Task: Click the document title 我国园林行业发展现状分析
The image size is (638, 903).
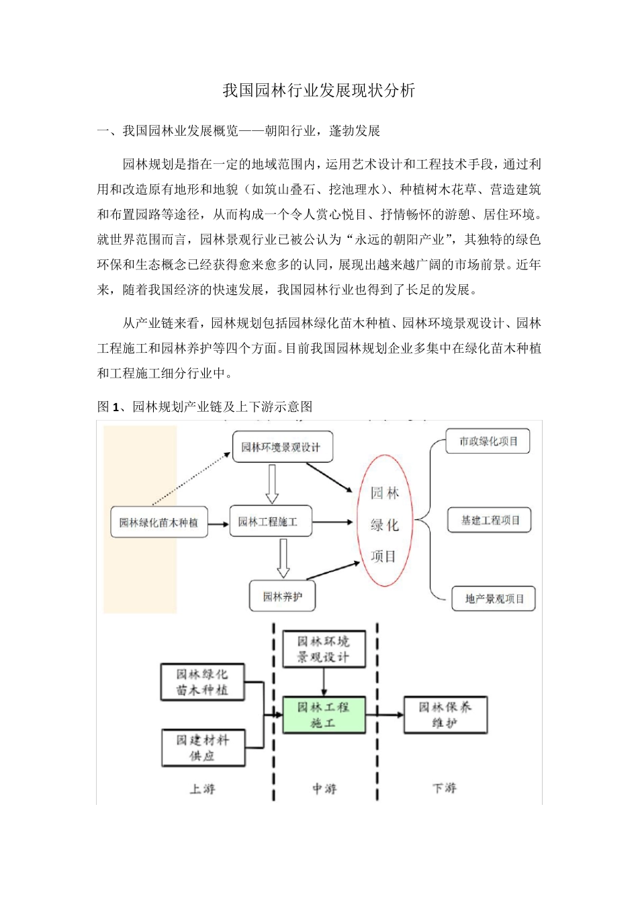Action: click(319, 91)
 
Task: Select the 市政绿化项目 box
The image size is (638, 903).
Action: click(488, 441)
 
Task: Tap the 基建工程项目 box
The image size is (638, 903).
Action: click(490, 520)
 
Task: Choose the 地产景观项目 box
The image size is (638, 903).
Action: click(494, 599)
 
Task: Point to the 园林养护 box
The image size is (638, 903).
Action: click(282, 597)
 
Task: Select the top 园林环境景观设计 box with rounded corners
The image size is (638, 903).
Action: click(282, 447)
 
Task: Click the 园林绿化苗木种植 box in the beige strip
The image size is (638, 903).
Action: click(158, 523)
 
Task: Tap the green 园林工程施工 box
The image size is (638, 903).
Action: click(324, 715)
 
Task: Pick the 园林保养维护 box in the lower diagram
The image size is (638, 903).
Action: click(445, 715)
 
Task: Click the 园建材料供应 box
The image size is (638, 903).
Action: click(203, 748)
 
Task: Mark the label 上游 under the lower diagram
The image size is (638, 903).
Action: click(202, 788)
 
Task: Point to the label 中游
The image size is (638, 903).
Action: click(324, 788)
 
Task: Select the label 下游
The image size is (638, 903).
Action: click(444, 787)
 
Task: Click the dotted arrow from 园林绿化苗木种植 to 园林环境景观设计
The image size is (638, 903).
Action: click(191, 478)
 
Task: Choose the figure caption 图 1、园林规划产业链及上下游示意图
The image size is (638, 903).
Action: click(205, 406)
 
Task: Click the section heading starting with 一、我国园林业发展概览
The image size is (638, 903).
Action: click(238, 131)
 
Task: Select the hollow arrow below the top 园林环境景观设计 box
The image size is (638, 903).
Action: click(272, 484)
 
